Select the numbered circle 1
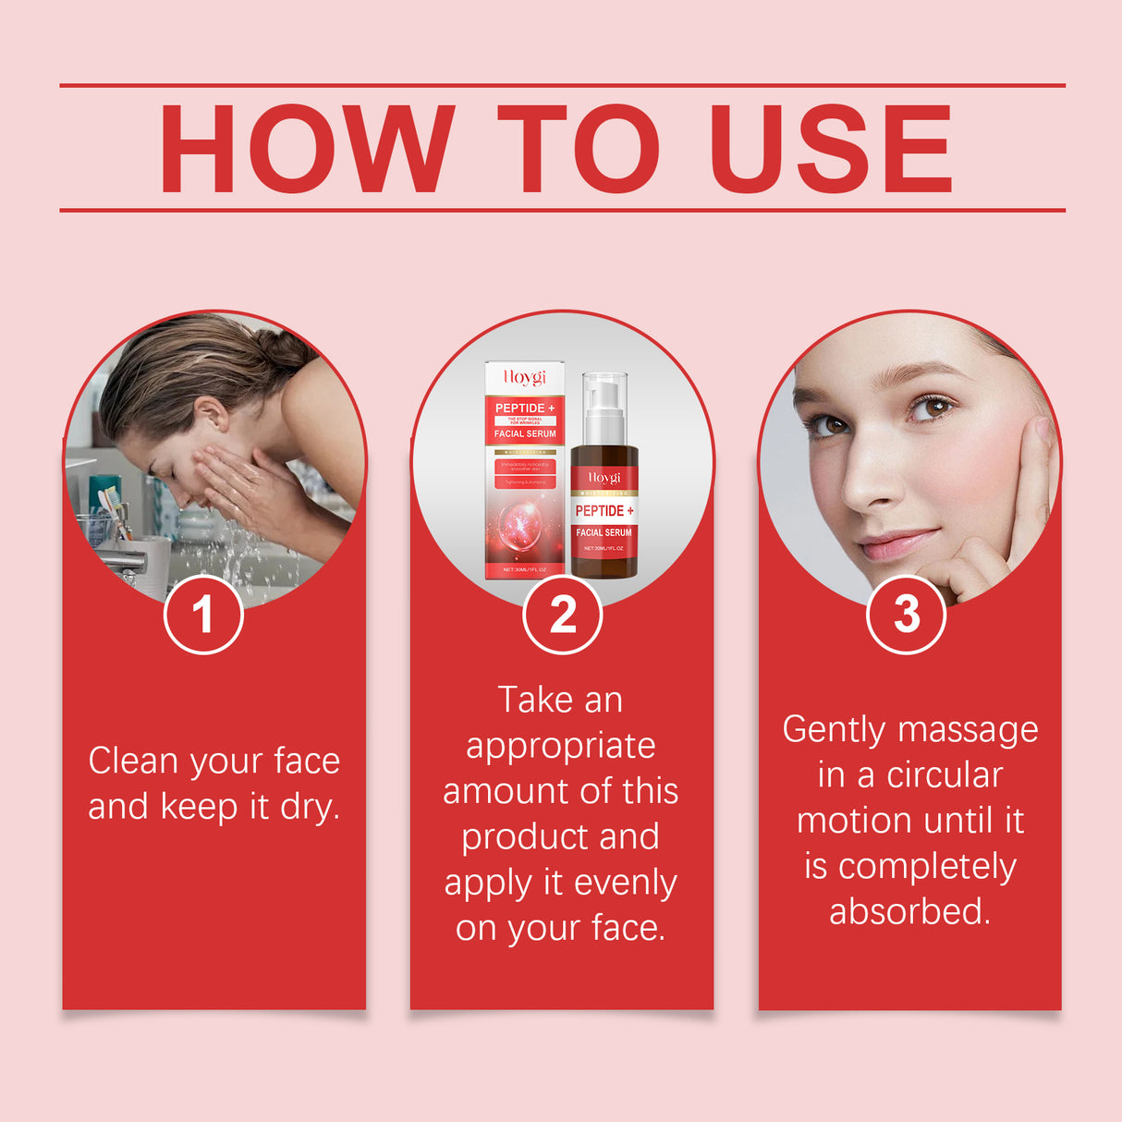point(203,615)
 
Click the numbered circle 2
point(562,615)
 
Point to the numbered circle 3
point(907,615)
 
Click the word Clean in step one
point(133,761)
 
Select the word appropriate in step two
point(561,746)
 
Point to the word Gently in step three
point(835,730)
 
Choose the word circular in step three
point(945,775)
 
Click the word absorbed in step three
point(909,912)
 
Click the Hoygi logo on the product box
point(525,377)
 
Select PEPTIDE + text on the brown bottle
point(604,511)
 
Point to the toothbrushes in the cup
point(113,508)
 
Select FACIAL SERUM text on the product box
point(525,433)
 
